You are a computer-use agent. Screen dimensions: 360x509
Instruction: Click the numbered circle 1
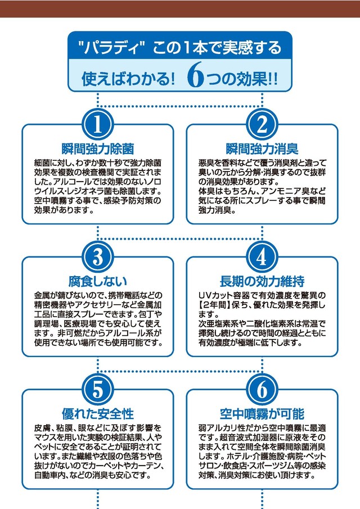pyautogui.click(x=98, y=125)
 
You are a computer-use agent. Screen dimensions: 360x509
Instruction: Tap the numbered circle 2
pyautogui.click(x=262, y=125)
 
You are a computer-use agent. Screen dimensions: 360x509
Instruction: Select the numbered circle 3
pyautogui.click(x=98, y=258)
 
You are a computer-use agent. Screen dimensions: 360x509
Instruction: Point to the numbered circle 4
pyautogui.click(x=262, y=258)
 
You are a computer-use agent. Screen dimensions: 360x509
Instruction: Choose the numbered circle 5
pyautogui.click(x=98, y=390)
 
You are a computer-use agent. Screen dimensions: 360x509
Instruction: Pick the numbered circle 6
pyautogui.click(x=262, y=390)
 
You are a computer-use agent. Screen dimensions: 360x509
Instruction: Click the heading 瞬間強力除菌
pyautogui.click(x=98, y=149)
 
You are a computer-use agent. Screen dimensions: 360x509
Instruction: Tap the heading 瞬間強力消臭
pyautogui.click(x=262, y=149)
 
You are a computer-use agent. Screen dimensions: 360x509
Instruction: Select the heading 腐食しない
pyautogui.click(x=98, y=281)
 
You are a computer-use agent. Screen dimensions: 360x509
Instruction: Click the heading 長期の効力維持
pyautogui.click(x=262, y=281)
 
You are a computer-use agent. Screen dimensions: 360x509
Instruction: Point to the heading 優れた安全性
pyautogui.click(x=98, y=414)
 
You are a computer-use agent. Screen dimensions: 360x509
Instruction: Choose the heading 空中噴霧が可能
pyautogui.click(x=262, y=414)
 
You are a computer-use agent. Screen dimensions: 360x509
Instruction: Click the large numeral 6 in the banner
pyautogui.click(x=195, y=75)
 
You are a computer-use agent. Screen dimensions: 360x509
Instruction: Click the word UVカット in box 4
pyautogui.click(x=215, y=296)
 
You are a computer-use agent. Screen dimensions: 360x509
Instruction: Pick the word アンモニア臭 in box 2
pyautogui.click(x=283, y=191)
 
